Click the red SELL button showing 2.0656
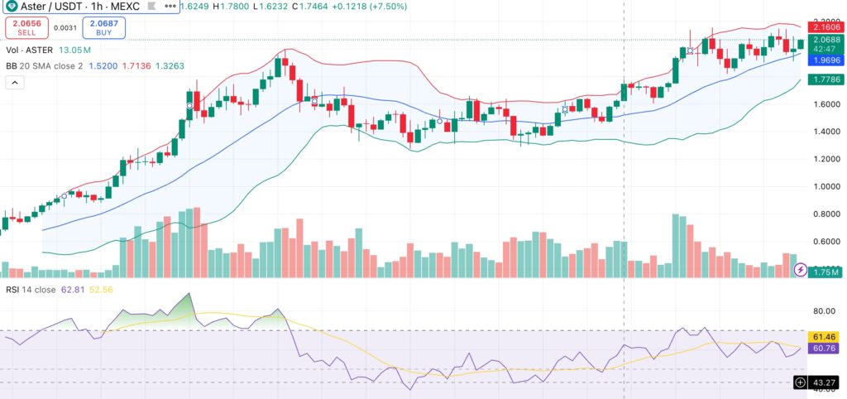click(26, 28)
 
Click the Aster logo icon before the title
click(10, 6)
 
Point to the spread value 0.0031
click(65, 28)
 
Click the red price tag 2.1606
click(824, 27)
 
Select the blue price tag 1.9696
click(824, 60)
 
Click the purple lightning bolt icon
click(801, 270)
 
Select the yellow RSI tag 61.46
click(824, 336)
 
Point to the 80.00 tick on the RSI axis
click(824, 311)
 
